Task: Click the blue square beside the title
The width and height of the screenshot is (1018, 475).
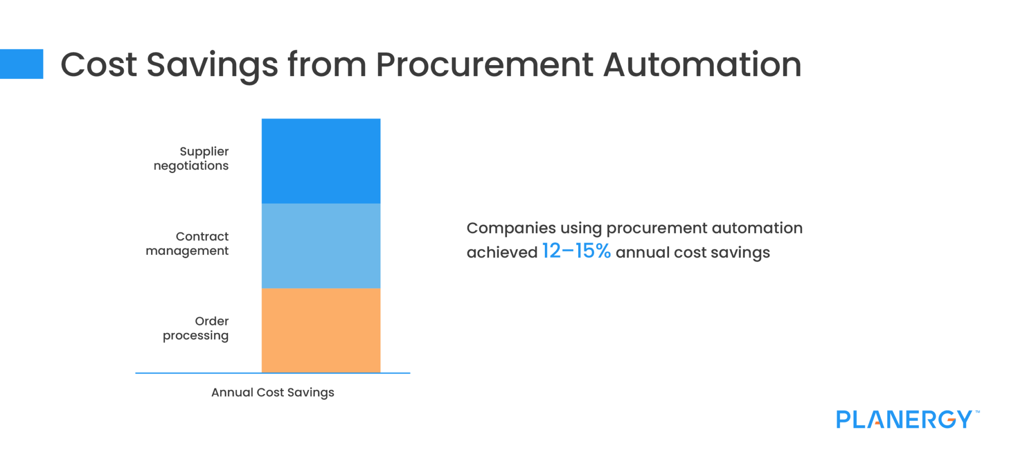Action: (21, 64)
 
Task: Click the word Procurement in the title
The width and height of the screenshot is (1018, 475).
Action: (484, 65)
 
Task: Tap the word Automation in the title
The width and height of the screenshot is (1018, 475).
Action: (702, 65)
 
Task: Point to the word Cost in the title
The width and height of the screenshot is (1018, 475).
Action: (98, 65)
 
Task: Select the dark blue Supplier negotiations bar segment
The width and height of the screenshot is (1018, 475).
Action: (321, 160)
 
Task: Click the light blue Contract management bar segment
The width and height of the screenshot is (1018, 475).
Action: (321, 245)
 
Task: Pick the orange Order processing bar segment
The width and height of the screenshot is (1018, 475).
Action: (321, 330)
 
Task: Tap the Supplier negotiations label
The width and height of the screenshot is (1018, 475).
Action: (191, 158)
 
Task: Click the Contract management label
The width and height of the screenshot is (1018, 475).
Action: (188, 243)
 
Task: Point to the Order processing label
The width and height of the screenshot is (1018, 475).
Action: (196, 328)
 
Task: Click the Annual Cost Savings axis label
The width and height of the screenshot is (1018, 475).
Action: (272, 393)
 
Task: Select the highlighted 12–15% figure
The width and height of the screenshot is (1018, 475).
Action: (576, 251)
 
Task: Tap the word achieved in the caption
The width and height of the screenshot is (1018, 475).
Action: (502, 252)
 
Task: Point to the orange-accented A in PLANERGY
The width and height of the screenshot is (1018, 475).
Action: (877, 420)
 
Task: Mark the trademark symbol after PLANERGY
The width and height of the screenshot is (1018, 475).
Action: (977, 412)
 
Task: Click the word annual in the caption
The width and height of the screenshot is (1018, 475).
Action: (642, 252)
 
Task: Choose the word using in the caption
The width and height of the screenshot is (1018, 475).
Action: (581, 229)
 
